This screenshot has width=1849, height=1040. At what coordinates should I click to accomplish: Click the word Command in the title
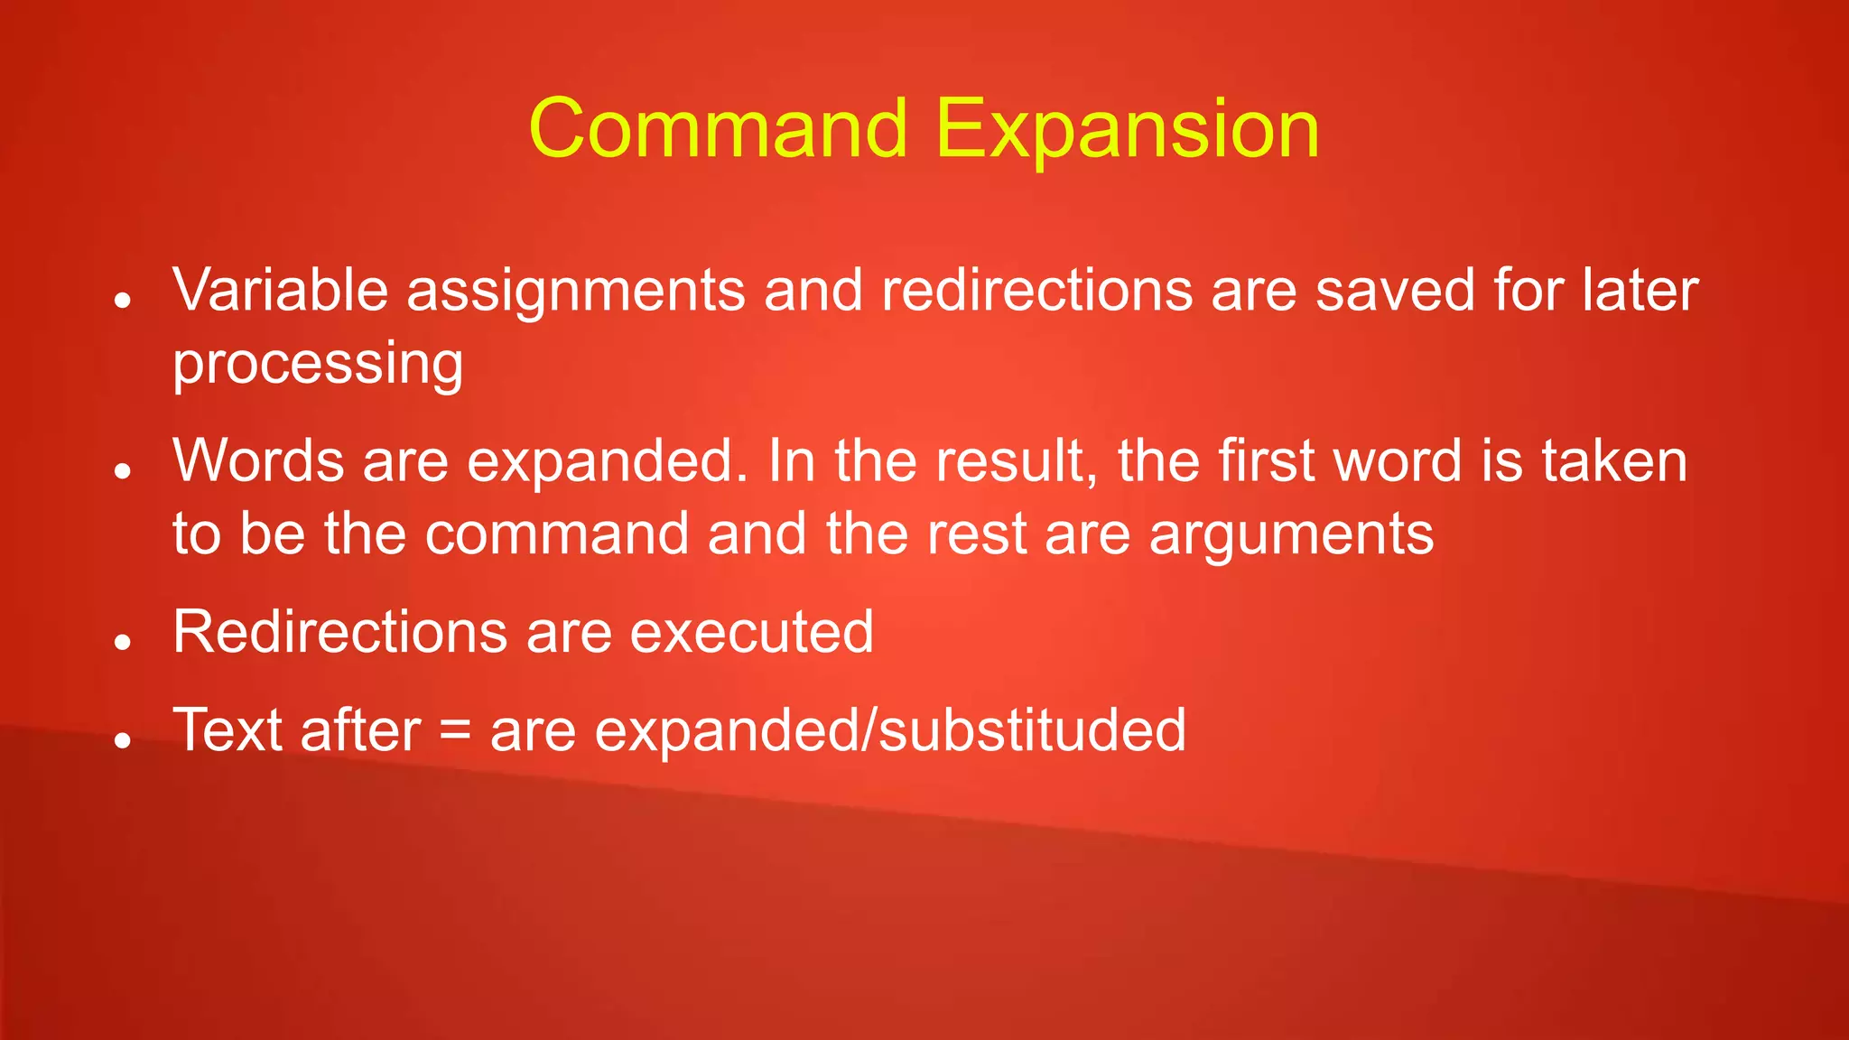718,129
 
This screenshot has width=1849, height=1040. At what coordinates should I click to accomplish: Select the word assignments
576,292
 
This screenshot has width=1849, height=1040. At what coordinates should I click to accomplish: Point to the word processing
318,365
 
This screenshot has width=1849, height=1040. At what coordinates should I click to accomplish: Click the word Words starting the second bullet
258,460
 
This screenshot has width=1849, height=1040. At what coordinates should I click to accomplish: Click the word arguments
1291,534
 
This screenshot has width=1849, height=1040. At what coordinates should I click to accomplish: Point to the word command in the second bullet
557,533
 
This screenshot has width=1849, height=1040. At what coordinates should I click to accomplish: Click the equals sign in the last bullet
455,730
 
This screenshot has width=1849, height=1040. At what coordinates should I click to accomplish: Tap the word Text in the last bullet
228,729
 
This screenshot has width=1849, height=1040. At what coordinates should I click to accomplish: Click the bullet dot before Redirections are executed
124,642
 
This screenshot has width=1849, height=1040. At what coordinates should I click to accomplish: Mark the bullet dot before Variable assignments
124,301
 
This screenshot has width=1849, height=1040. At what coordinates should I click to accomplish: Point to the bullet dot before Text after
124,741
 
